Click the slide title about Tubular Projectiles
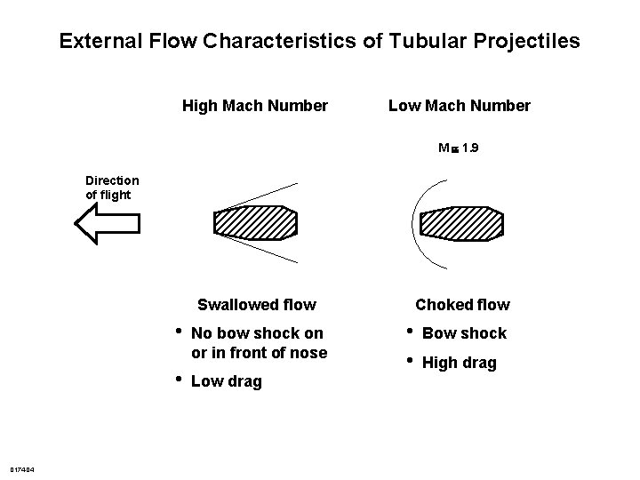(319, 41)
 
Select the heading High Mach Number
(254, 107)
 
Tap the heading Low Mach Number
(459, 107)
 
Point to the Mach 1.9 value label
(459, 149)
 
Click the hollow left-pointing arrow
(106, 222)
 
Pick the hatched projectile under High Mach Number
(255, 222)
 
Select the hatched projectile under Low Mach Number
(460, 223)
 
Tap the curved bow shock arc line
(414, 222)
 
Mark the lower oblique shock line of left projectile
(267, 251)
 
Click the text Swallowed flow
(256, 305)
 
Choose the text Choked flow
(462, 305)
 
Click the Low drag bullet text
(226, 381)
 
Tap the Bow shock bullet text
(464, 333)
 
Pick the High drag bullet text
(459, 363)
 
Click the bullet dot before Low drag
(179, 379)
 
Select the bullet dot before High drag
(410, 360)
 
